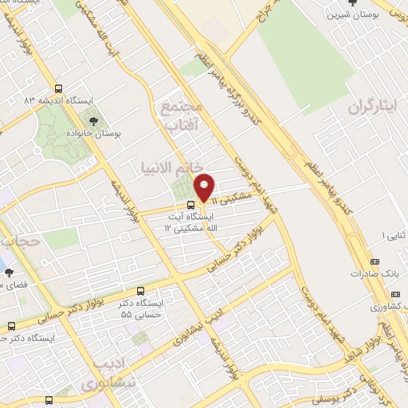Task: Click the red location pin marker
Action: (205, 188)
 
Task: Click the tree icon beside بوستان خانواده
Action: (94, 122)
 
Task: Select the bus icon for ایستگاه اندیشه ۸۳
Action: (58, 89)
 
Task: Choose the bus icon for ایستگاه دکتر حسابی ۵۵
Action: (141, 291)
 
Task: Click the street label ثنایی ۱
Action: (394, 236)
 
